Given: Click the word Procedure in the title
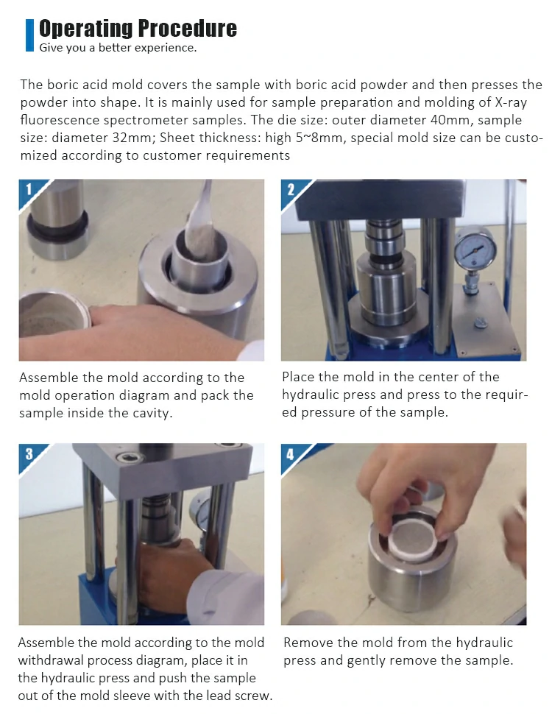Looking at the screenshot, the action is pyautogui.click(x=187, y=29).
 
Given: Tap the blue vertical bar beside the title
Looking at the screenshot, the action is pyautogui.click(x=29, y=35).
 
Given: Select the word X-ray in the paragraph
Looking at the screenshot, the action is pyautogui.click(x=511, y=103).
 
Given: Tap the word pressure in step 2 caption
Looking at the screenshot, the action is pyautogui.click(x=330, y=413).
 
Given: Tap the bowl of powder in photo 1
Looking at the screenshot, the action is pyautogui.click(x=54, y=315).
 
